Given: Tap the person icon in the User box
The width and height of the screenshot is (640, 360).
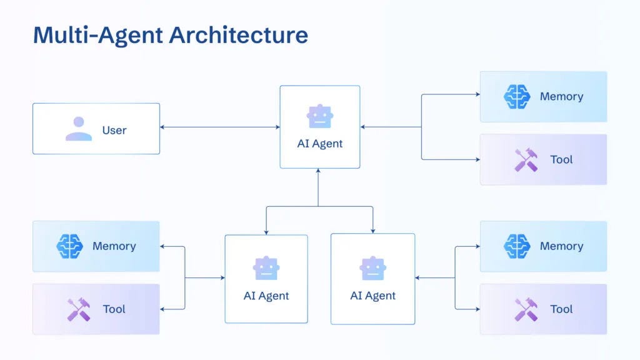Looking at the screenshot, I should click(79, 129).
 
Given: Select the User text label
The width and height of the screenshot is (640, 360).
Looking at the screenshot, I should click(114, 130).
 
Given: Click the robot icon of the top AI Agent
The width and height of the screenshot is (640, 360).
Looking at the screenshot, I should click(320, 116).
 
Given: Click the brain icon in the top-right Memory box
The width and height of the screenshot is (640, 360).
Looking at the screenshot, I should click(517, 96).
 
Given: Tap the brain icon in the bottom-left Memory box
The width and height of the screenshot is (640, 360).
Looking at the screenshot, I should click(69, 246).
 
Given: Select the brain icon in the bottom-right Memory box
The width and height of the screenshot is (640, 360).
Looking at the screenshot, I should click(517, 246).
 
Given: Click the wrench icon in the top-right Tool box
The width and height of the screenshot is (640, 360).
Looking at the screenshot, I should click(526, 160).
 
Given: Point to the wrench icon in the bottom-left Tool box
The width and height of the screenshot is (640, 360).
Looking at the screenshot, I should click(79, 309).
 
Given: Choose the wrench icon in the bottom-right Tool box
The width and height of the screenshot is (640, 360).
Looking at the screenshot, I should click(526, 309).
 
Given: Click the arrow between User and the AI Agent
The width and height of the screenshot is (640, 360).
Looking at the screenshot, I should click(219, 127).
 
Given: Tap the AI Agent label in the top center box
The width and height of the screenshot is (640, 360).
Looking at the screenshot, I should click(320, 144).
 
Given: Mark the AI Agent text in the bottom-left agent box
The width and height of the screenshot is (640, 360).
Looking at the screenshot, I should click(266, 296).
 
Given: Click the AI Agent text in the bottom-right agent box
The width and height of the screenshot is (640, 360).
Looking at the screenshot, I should click(373, 296).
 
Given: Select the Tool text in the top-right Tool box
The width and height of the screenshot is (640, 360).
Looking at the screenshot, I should click(561, 159).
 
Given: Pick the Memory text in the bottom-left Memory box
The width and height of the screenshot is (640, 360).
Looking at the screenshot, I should click(114, 246).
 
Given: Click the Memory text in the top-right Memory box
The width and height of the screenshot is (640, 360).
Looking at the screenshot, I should click(561, 96).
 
